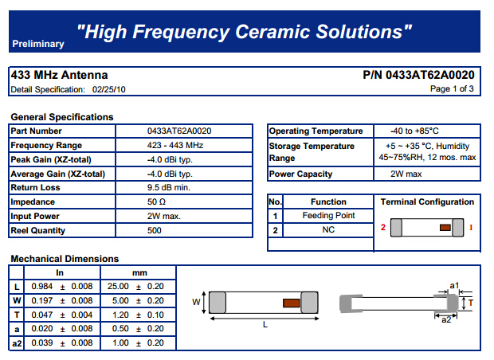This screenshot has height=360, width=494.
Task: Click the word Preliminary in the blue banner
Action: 38,44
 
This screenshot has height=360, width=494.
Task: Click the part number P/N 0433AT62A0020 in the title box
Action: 418,75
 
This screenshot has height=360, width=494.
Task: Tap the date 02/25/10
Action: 108,90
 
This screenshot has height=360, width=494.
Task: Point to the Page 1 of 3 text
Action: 452,89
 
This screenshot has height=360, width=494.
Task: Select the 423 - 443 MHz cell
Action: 175,145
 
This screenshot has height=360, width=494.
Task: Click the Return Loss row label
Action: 35,188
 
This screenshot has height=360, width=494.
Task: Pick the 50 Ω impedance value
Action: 157,202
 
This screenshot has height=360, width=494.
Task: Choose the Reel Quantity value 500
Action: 155,230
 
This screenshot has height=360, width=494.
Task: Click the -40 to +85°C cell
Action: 414,131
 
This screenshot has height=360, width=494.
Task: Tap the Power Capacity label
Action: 300,174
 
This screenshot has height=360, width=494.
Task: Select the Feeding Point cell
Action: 328,215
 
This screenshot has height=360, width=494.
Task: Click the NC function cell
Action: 328,230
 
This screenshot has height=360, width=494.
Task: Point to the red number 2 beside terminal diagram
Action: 382,227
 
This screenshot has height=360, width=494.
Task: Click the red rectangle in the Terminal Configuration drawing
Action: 445,227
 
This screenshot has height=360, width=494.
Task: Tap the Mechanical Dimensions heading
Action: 65,259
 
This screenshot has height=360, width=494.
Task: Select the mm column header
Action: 139,272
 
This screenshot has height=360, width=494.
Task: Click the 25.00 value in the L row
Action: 118,286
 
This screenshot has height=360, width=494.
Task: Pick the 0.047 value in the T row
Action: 42,315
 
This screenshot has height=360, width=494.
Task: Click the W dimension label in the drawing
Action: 196,302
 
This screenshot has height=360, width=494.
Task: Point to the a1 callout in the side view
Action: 454,285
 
